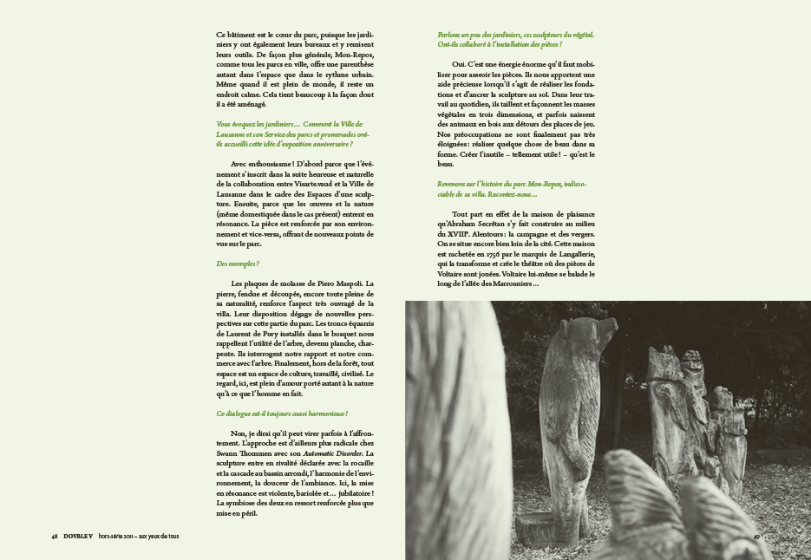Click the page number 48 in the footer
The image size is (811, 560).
coord(55,536)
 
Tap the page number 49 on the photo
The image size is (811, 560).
coord(756,536)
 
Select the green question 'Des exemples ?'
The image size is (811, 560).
coord(237,264)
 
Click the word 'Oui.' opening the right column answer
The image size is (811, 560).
coord(461,64)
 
